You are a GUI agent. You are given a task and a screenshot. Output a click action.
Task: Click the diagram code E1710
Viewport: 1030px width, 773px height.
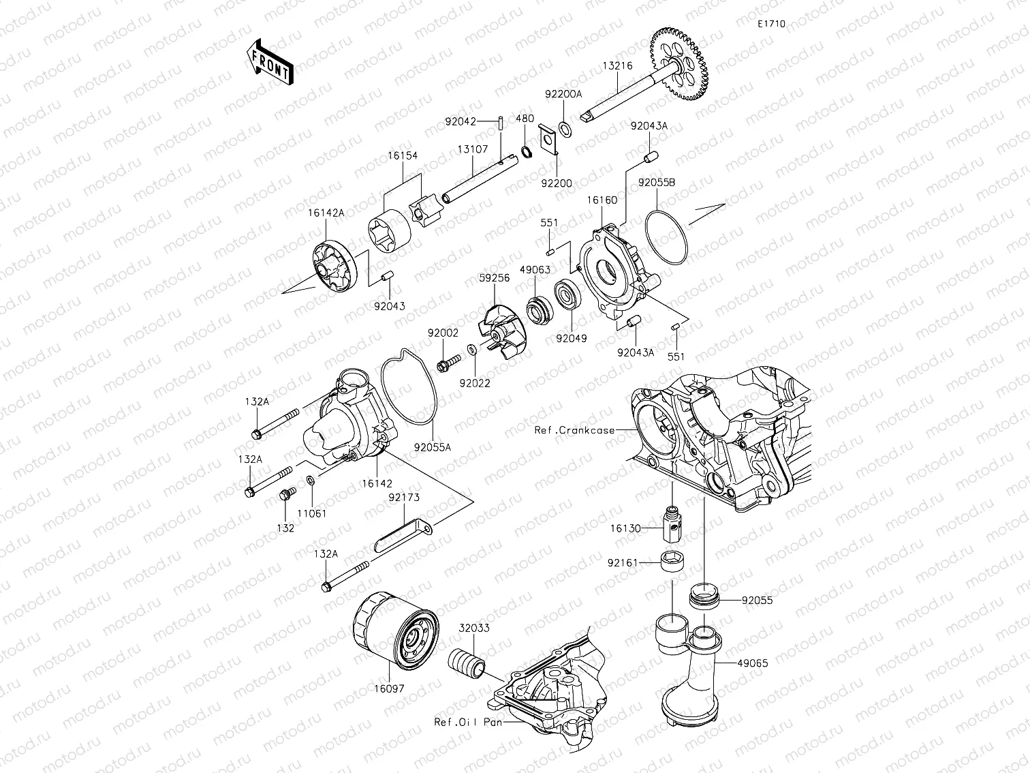click(772, 24)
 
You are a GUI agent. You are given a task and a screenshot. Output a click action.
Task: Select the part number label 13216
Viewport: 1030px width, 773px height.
click(617, 66)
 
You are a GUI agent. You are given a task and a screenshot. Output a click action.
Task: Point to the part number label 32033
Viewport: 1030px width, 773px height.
click(473, 628)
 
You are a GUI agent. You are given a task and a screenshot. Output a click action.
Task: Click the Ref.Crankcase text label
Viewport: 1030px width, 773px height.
click(574, 430)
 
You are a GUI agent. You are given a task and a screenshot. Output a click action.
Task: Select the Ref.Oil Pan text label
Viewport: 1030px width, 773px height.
click(469, 722)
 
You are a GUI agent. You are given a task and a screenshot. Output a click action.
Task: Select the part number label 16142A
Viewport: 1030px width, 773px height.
click(326, 213)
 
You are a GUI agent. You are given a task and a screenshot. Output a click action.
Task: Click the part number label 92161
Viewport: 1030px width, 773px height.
click(623, 563)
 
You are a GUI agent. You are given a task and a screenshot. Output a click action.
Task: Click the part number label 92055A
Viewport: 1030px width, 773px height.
click(433, 448)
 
